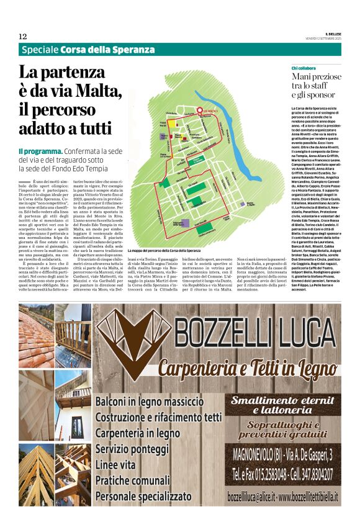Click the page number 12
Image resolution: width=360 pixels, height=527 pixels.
[22, 37]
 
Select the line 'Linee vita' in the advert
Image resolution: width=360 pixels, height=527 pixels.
[119, 465]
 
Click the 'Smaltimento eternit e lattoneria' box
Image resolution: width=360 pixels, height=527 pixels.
[282, 405]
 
